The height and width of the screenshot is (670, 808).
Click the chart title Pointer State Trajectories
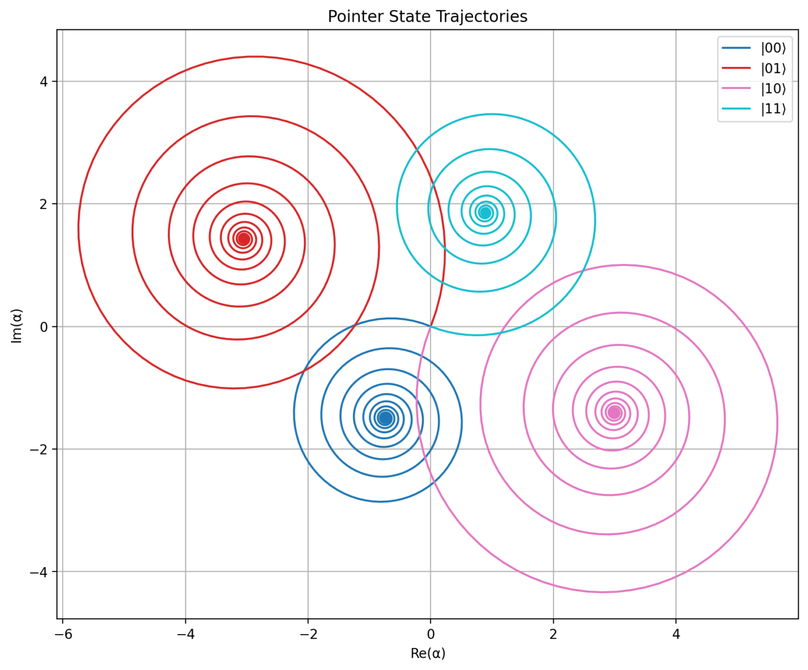pos(427,17)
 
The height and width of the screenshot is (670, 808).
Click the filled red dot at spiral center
pos(244,239)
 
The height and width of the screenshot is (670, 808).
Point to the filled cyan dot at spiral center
pos(485,213)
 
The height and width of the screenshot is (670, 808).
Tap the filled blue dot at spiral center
pos(386,418)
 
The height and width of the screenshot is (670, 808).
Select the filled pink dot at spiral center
pos(614,412)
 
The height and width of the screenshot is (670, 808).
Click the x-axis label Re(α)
pos(428,653)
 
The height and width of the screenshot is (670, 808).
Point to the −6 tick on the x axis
pos(63,634)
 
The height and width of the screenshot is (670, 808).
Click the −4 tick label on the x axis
pos(185,634)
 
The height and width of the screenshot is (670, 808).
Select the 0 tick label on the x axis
pos(431,634)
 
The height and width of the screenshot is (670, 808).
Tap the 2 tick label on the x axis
pos(553,634)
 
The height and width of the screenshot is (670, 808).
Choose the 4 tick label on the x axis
pos(676,634)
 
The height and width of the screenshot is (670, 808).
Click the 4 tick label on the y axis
pos(45,81)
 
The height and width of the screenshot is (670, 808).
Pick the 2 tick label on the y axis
pos(45,204)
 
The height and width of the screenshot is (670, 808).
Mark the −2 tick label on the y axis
pos(41,449)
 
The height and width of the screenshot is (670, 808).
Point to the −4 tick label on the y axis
pos(41,572)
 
